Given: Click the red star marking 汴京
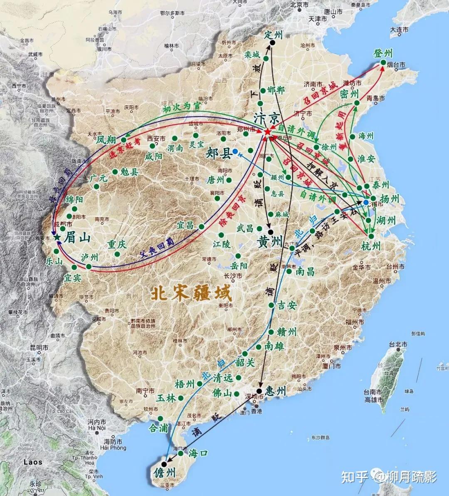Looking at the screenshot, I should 267,131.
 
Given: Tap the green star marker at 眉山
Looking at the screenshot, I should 57,237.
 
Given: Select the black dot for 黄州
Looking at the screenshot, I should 271,232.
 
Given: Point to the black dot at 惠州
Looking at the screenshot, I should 259,391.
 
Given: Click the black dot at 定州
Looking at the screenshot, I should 272,43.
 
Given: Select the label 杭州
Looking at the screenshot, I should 371,246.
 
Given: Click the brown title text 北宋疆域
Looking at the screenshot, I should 191,293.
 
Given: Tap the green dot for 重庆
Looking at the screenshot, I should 118,254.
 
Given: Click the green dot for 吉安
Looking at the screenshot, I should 271,305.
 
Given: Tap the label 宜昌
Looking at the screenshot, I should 185,225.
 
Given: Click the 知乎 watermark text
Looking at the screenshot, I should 355,476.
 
